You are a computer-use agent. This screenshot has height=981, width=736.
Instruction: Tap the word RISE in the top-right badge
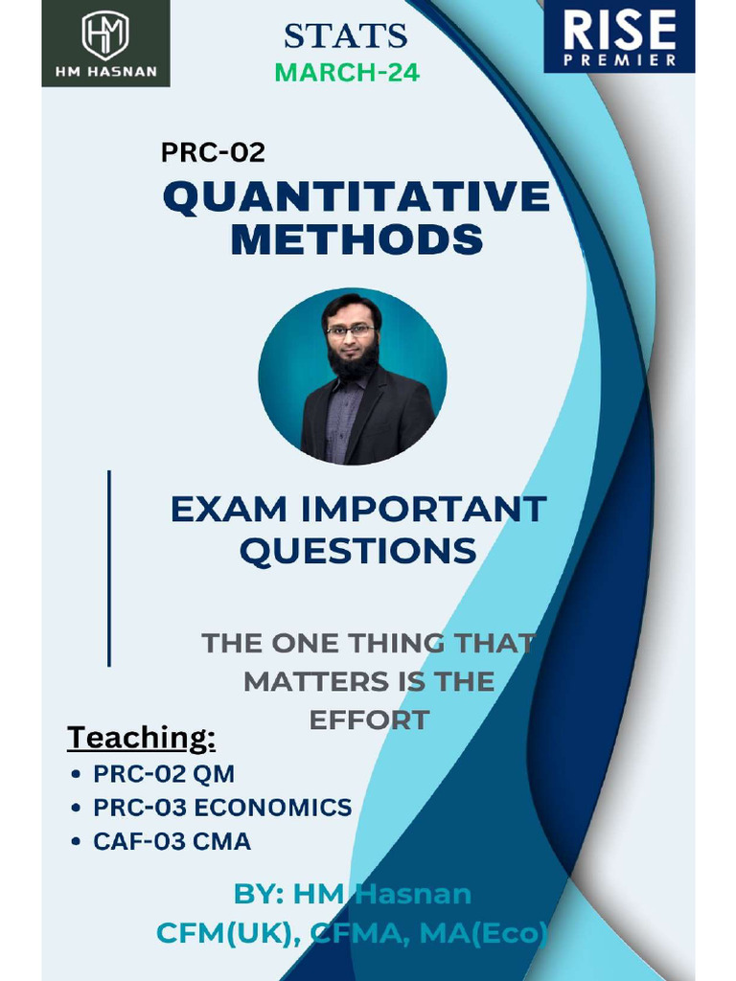pyautogui.click(x=619, y=30)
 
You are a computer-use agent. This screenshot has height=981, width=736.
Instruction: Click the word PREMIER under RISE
pyautogui.click(x=619, y=60)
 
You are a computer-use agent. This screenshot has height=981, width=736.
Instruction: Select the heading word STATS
pyautogui.click(x=346, y=36)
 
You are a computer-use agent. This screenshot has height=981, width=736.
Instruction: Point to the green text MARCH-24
pyautogui.click(x=347, y=73)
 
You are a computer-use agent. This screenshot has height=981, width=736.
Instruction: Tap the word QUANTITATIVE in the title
pyautogui.click(x=356, y=196)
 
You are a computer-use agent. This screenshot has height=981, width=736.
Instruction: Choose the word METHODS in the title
pyautogui.click(x=356, y=239)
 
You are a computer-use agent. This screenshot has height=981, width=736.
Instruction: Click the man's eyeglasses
pyautogui.click(x=350, y=329)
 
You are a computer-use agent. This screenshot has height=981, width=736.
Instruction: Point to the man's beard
pyautogui.click(x=352, y=359)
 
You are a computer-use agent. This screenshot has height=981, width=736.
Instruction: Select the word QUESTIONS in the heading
pyautogui.click(x=357, y=551)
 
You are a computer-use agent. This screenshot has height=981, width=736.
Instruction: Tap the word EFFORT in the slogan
pyautogui.click(x=369, y=720)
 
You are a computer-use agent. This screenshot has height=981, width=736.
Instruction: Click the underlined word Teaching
pyautogui.click(x=141, y=738)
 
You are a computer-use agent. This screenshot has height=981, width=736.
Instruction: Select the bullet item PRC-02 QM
pyautogui.click(x=163, y=773)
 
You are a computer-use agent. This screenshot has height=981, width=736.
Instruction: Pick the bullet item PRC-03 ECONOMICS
pyautogui.click(x=222, y=808)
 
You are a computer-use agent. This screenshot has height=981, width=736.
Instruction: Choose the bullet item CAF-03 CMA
pyautogui.click(x=172, y=842)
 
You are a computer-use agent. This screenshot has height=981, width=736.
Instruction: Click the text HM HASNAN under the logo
pyautogui.click(x=105, y=72)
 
